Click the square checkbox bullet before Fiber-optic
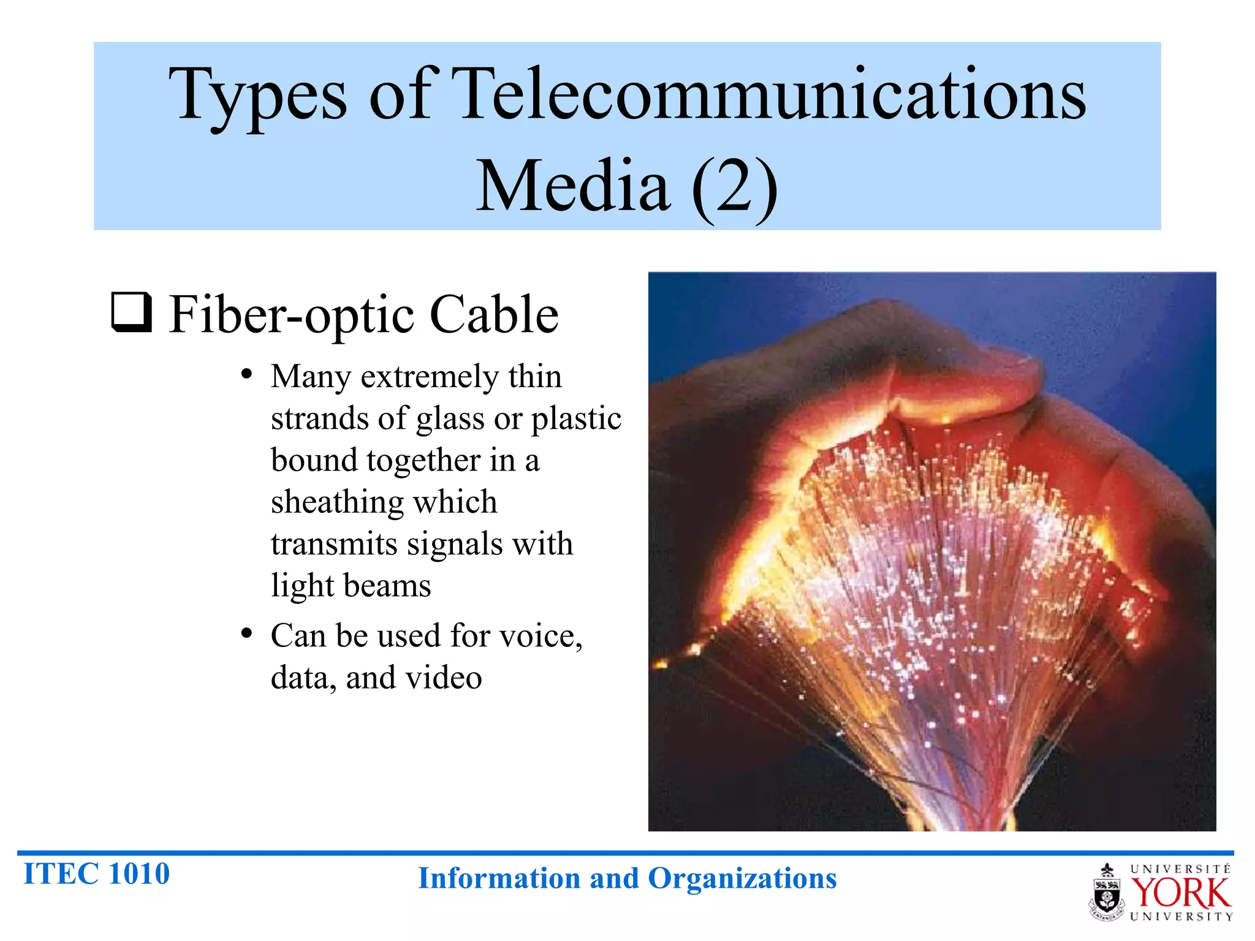click(x=131, y=312)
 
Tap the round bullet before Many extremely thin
click(x=246, y=374)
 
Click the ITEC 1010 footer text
click(x=96, y=874)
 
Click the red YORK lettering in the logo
click(x=1180, y=894)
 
